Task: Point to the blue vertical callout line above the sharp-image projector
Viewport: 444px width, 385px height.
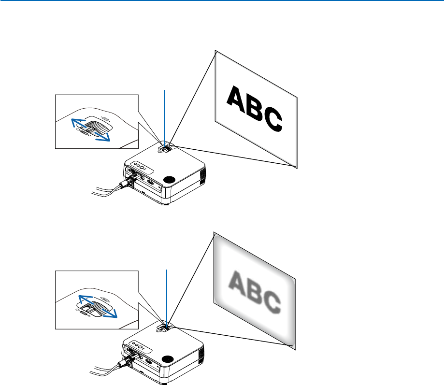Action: tap(165, 116)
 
